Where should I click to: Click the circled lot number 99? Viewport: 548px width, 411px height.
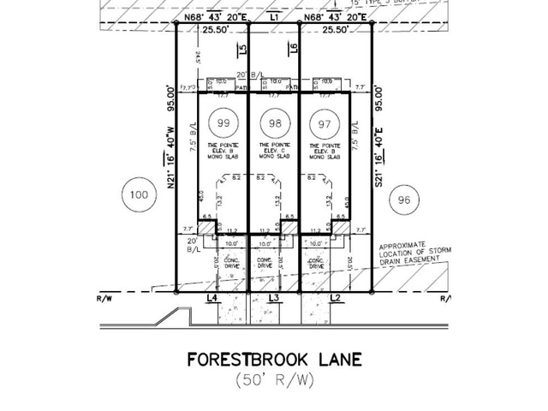click(x=223, y=123)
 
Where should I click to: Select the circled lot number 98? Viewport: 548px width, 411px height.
click(x=274, y=123)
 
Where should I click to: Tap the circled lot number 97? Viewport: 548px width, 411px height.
click(x=323, y=123)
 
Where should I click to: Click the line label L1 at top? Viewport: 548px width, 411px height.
click(x=274, y=16)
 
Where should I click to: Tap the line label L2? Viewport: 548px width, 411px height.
click(x=336, y=297)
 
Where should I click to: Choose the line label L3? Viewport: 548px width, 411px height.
click(x=274, y=297)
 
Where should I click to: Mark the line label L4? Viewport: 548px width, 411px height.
click(x=213, y=297)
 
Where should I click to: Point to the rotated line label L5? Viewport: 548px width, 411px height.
click(x=244, y=49)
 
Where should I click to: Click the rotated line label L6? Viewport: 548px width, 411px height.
click(x=293, y=49)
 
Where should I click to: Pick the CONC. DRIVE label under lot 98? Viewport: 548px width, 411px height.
click(x=265, y=262)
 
